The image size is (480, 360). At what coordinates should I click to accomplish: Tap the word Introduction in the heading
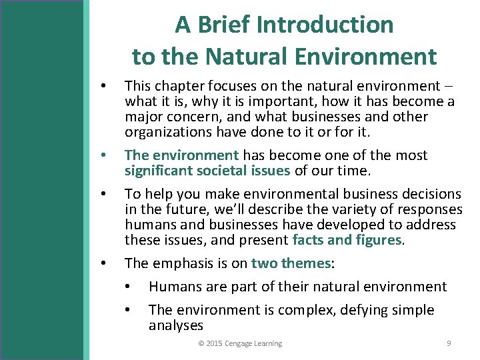[325, 25]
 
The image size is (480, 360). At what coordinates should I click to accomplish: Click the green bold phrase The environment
[181, 155]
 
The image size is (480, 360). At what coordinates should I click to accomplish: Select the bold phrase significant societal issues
[207, 171]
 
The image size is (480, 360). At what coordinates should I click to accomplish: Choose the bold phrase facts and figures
[347, 240]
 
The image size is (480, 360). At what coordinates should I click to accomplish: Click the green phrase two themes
[291, 263]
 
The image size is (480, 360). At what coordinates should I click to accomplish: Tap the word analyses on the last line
[175, 325]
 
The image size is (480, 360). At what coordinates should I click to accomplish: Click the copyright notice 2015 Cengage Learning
[240, 343]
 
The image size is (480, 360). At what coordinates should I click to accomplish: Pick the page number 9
[449, 343]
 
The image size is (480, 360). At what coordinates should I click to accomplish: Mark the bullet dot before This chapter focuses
[102, 87]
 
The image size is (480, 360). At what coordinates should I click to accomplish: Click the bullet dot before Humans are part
[127, 287]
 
